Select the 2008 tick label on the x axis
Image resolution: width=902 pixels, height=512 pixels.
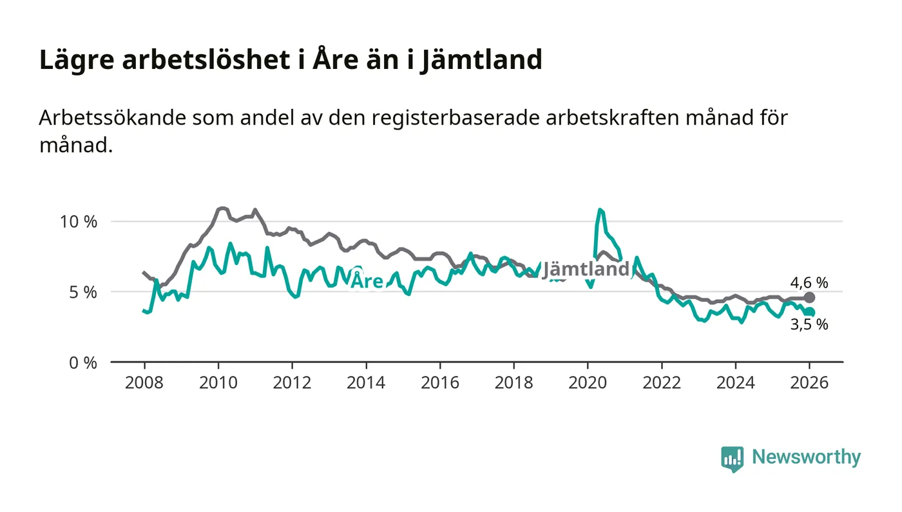[144, 382]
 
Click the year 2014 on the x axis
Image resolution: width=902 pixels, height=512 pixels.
[366, 382]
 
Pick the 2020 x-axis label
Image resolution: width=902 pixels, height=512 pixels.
[588, 382]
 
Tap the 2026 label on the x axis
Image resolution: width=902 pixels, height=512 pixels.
[809, 382]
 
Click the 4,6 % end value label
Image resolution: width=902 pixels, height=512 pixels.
[809, 282]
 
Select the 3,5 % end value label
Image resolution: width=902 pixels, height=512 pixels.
[809, 325]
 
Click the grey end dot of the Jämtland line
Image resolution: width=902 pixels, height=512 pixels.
[810, 297]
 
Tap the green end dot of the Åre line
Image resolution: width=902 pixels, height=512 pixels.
[810, 312]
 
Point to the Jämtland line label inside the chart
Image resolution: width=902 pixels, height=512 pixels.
[585, 270]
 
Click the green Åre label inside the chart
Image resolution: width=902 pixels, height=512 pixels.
[367, 281]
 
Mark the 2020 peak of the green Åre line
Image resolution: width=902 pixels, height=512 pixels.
[600, 210]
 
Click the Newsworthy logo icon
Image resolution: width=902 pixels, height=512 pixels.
[732, 458]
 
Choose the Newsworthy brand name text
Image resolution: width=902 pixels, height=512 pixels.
[806, 457]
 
